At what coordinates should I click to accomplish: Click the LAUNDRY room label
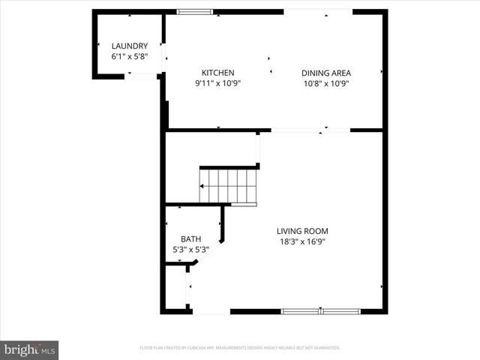(130, 46)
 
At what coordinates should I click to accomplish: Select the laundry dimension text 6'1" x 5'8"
(130, 56)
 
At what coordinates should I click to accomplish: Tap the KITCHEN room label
(217, 73)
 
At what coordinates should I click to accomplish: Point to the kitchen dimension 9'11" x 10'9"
(217, 83)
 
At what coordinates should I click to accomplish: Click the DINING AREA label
(326, 73)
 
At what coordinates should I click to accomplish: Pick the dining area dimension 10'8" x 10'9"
(326, 83)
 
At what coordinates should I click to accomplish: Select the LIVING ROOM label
(302, 231)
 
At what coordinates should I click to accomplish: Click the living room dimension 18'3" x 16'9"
(302, 241)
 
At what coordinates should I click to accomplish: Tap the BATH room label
(190, 239)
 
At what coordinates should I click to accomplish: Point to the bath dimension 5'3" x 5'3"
(190, 250)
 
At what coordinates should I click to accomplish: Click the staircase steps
(229, 184)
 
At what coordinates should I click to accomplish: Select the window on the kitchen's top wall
(195, 12)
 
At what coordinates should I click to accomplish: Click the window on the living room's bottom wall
(320, 311)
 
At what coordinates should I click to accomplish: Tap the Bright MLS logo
(30, 349)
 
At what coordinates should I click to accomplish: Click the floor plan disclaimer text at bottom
(240, 348)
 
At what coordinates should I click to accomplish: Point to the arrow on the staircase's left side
(202, 186)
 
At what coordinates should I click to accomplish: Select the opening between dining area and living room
(310, 130)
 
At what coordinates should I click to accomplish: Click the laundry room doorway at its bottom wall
(140, 76)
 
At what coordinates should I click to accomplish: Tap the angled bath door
(209, 251)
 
